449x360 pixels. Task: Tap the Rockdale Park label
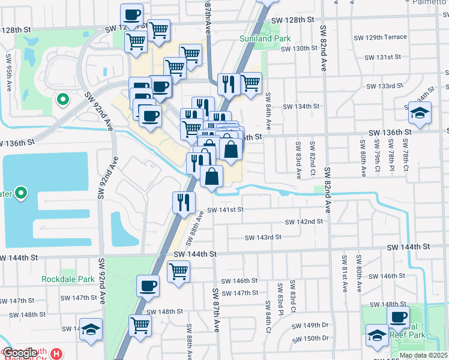68,279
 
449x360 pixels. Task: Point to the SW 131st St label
383,57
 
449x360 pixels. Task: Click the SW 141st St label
226,210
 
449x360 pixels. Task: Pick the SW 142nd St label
304,221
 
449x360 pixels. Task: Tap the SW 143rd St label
263,238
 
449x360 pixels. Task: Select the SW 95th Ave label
10,68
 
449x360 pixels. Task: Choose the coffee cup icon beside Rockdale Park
148,286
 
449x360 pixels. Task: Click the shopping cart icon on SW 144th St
178,272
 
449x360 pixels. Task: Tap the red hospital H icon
57,353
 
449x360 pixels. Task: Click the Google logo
19,353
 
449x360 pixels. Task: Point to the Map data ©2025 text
423,355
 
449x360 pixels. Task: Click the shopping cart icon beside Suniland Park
250,83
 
